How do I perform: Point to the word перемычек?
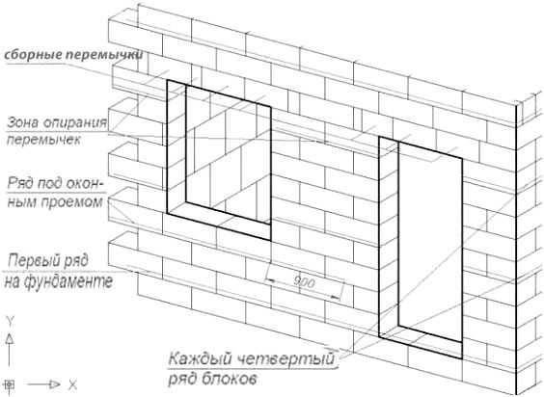tap(43, 140)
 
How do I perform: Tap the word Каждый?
tap(197, 358)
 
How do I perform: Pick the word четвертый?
tap(284, 358)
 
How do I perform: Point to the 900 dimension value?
tap(304, 282)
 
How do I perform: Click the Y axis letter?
tap(10, 321)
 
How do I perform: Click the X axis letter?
tap(72, 384)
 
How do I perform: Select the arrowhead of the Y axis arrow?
tap(10, 339)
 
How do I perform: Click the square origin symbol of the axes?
tap(10, 384)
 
